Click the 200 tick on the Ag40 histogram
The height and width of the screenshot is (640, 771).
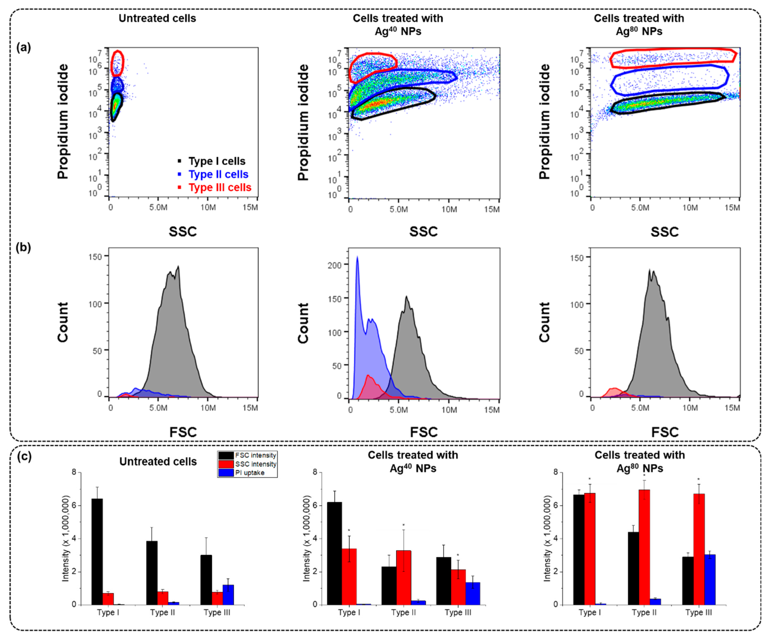pyautogui.click(x=335, y=265)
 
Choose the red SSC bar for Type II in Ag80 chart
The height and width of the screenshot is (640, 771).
pyautogui.click(x=644, y=547)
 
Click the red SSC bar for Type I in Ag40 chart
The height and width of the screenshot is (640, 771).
pyautogui.click(x=349, y=576)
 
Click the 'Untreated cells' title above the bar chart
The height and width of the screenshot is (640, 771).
pyautogui.click(x=158, y=461)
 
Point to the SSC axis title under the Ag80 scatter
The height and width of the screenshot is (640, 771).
pyautogui.click(x=665, y=232)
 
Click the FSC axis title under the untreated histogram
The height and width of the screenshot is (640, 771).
pyautogui.click(x=183, y=432)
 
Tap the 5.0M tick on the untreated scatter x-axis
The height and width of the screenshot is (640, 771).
pyautogui.click(x=158, y=207)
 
